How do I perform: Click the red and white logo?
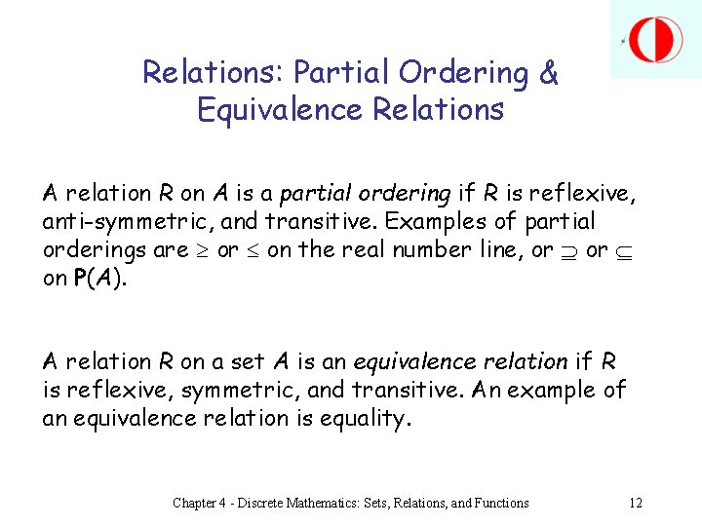(x=655, y=39)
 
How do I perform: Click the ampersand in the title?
(x=548, y=73)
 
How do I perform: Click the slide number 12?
(x=636, y=503)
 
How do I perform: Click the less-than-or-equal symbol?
(x=253, y=250)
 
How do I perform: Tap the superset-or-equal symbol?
(x=568, y=250)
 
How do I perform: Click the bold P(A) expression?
(x=98, y=278)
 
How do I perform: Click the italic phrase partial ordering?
(x=367, y=194)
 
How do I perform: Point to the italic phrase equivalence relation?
(x=459, y=361)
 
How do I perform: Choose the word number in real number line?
(x=426, y=250)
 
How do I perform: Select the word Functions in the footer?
(x=492, y=503)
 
